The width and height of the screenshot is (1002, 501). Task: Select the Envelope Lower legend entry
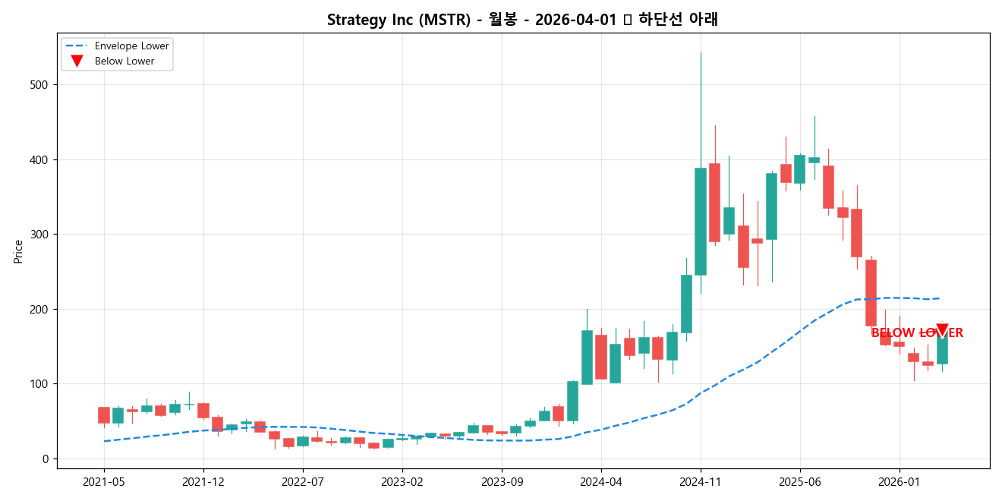click(137, 46)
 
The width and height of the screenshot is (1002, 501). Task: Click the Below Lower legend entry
click(124, 61)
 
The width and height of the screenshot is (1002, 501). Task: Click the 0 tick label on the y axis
click(46, 459)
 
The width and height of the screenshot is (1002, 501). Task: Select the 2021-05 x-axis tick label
click(104, 481)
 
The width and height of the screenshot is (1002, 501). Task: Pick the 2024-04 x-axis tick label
click(601, 481)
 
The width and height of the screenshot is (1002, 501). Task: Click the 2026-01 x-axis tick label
click(900, 481)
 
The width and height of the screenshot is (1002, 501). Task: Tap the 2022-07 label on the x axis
click(303, 481)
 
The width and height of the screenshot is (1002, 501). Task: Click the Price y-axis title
click(17, 251)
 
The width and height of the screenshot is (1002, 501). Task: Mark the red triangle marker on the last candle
click(942, 330)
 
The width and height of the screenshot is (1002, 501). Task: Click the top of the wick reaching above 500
click(701, 53)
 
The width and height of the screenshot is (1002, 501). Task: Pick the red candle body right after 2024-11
click(714, 203)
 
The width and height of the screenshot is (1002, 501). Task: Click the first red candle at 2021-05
click(104, 415)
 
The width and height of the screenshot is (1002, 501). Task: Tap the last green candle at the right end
click(942, 349)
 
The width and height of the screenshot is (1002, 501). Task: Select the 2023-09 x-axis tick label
click(502, 481)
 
